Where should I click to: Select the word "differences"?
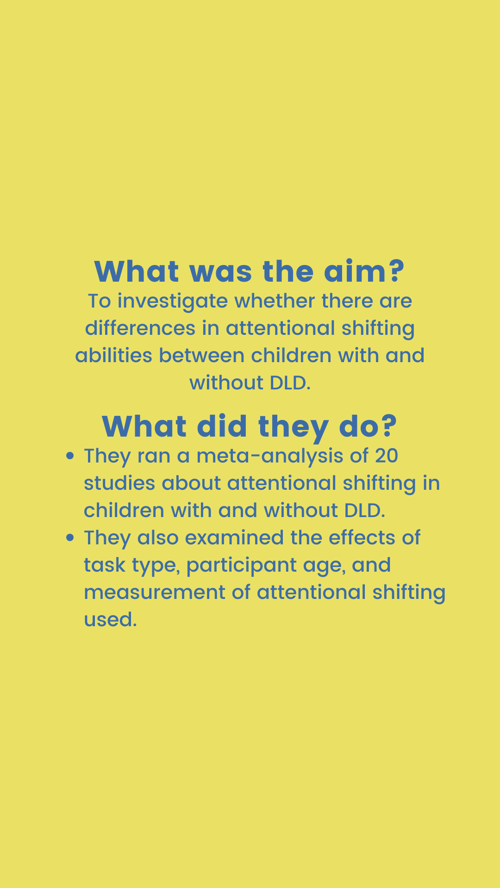tap(140, 328)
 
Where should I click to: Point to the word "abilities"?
tap(113, 356)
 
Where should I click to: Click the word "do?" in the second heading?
tap(368, 426)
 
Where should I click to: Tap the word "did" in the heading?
tap(222, 426)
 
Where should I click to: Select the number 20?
tap(387, 456)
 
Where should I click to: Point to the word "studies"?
tap(119, 483)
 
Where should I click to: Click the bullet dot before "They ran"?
tap(70, 456)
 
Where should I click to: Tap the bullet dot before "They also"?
tap(70, 538)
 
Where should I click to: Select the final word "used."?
tap(110, 620)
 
